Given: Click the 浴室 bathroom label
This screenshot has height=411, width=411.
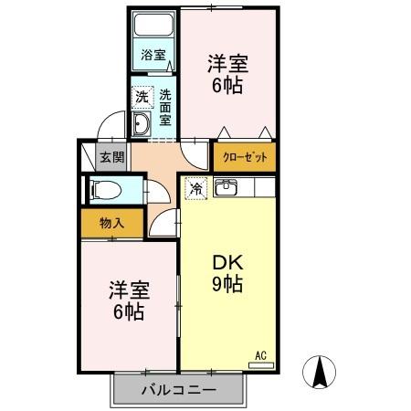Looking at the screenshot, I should (153, 55).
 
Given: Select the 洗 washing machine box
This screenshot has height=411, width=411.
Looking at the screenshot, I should (141, 94).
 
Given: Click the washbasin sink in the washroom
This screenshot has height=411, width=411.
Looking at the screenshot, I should (142, 124).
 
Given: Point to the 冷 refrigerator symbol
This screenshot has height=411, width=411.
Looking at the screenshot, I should (195, 189).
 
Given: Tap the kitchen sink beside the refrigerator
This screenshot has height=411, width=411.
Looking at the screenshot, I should (227, 189).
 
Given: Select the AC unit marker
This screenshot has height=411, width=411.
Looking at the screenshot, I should (260, 357).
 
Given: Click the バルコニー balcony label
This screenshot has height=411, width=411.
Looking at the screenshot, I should (179, 391).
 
